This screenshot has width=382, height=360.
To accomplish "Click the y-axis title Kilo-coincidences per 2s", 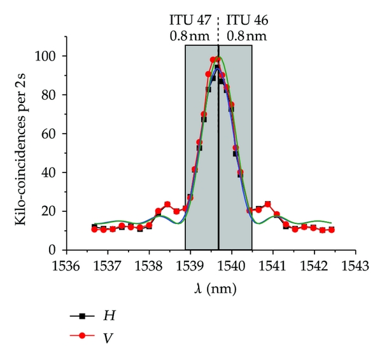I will click(x=20, y=153).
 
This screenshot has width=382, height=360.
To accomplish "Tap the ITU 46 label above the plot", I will click(x=247, y=21).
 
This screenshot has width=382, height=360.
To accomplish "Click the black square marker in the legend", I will click(x=82, y=315).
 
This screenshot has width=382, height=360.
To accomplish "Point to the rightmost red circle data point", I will click(x=332, y=230).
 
